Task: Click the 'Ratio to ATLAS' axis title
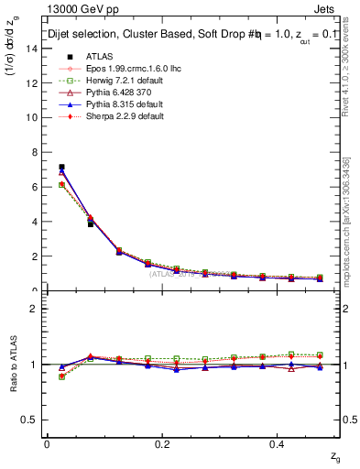click(x=16, y=364)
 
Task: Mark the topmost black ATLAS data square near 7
click(x=61, y=167)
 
